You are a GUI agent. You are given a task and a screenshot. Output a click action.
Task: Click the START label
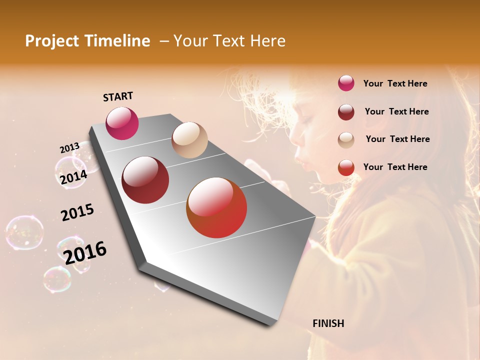pyautogui.click(x=118, y=96)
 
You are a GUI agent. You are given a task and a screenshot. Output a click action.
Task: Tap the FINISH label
pyautogui.click(x=328, y=323)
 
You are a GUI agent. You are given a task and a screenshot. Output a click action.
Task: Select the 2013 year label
pyautogui.click(x=69, y=148)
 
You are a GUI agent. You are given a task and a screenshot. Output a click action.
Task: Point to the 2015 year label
pyautogui.click(x=77, y=212)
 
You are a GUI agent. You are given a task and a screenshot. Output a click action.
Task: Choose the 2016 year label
pyautogui.click(x=85, y=252)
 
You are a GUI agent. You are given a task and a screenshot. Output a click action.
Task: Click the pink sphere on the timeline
pyautogui.click(x=122, y=123)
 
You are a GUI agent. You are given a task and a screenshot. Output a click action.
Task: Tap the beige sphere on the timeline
pyautogui.click(x=189, y=140)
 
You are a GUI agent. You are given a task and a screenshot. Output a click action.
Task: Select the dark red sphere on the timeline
pyautogui.click(x=145, y=180)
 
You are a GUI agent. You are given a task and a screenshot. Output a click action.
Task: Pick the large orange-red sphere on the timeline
pyautogui.click(x=216, y=207)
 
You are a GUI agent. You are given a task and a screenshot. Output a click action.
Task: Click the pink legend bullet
pyautogui.click(x=346, y=83)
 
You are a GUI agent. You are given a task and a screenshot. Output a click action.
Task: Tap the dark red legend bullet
pyautogui.click(x=346, y=112)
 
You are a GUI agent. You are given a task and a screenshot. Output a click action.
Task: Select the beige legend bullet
pyautogui.click(x=346, y=140)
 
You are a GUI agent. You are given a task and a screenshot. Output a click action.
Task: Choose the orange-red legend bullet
pyautogui.click(x=346, y=167)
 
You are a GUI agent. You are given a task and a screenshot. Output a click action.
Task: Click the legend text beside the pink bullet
pyautogui.click(x=395, y=83)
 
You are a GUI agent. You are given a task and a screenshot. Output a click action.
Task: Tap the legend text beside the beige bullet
pyautogui.click(x=397, y=139)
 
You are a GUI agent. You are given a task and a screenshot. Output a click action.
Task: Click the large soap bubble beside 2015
pyautogui.click(x=24, y=232)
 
